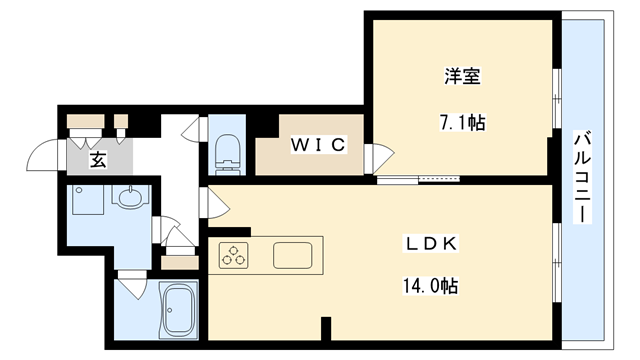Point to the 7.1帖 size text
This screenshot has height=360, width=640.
tap(462, 124)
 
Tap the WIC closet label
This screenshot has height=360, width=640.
tap(318, 146)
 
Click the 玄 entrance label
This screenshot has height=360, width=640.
tap(97, 160)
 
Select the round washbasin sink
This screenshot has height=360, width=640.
tap(128, 198)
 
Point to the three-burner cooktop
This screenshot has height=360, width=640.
tap(235, 255)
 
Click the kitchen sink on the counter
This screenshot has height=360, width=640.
tap(296, 256)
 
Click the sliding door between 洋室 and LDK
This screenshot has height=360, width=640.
tap(420, 181)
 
